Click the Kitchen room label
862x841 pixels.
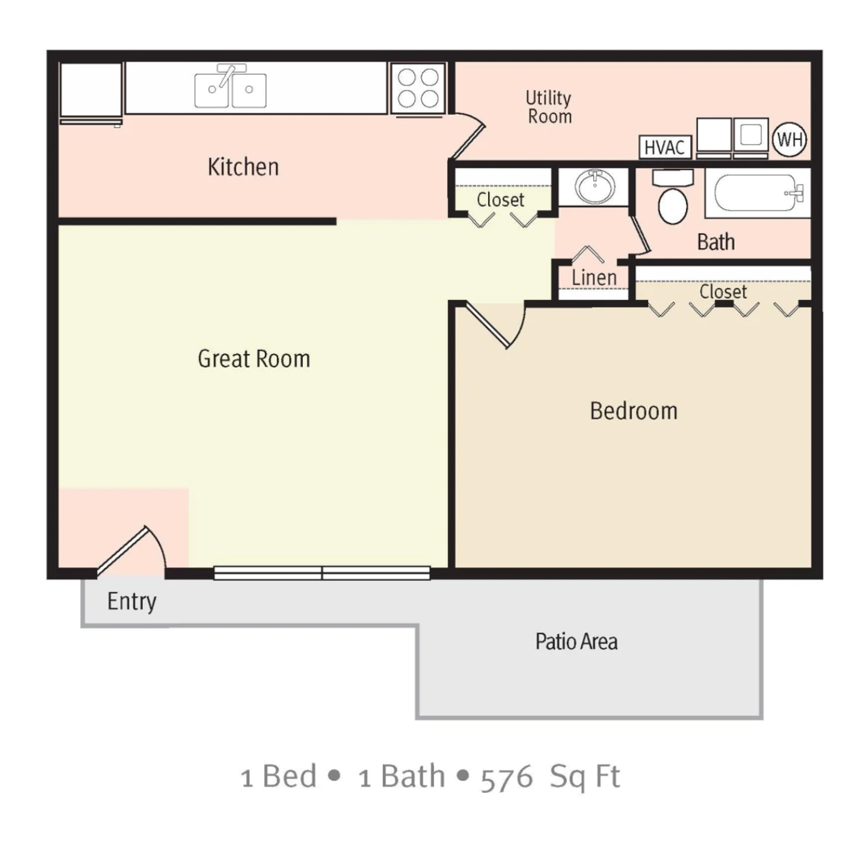(243, 167)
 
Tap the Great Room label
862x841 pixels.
(254, 359)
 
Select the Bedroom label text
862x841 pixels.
(633, 411)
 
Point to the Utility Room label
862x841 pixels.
(549, 107)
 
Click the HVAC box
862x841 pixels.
(664, 147)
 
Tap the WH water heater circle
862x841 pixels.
(789, 139)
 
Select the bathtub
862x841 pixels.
(757, 193)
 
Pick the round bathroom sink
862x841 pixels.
(595, 186)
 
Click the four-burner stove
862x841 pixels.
(418, 88)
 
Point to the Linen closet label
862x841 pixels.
(594, 278)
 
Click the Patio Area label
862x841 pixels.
(576, 641)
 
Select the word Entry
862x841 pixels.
(132, 601)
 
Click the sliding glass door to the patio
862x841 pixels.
(322, 573)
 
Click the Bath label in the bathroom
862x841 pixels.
(716, 242)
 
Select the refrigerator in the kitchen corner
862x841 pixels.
(91, 91)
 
